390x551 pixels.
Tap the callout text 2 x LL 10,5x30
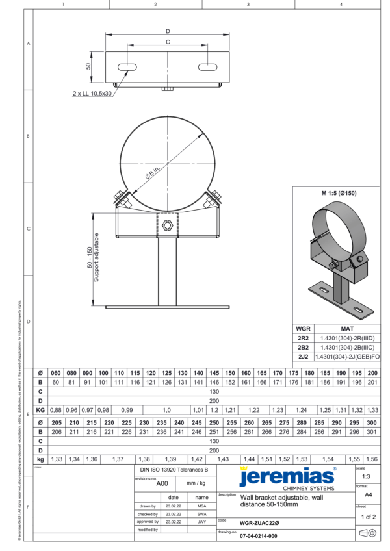[92, 94]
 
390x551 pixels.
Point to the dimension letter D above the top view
[168, 31]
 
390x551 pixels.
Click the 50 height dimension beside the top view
[88, 66]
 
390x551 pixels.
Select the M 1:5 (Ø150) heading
[339, 194]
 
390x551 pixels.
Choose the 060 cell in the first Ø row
[55, 372]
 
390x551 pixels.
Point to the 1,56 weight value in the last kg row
[372, 459]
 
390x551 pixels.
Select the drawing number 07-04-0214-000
[259, 536]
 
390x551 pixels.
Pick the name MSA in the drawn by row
[201, 505]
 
